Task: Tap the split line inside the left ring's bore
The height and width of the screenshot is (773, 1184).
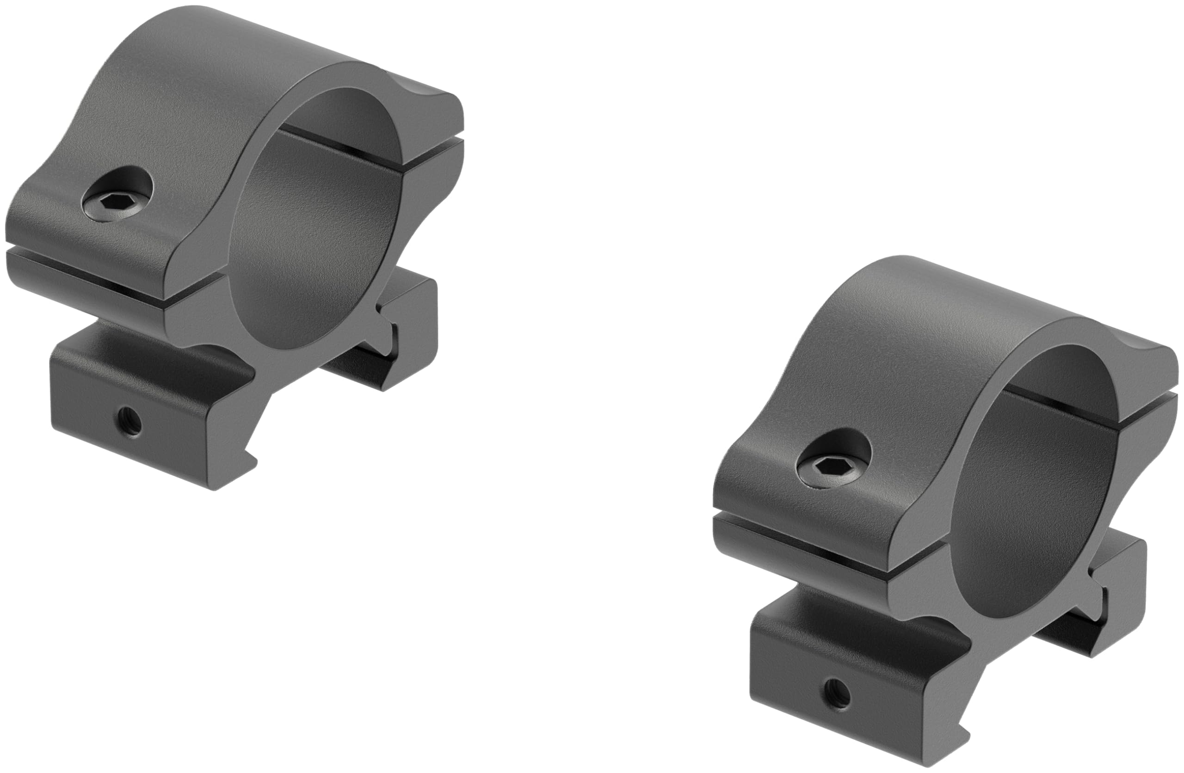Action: (x=348, y=144)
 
